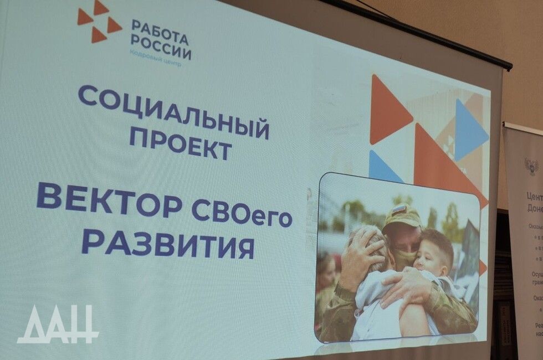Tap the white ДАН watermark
(x=58, y=324)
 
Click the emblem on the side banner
(x=531, y=166)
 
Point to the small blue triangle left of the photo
(x=382, y=166)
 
